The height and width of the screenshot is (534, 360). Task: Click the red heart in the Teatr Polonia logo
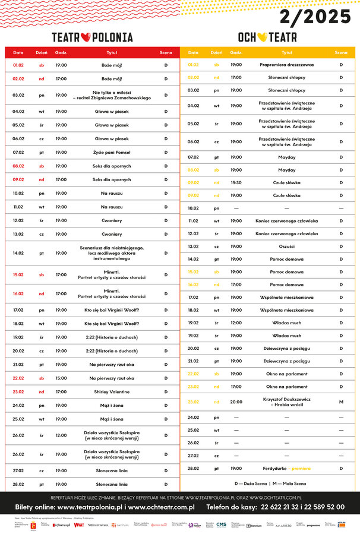(85, 37)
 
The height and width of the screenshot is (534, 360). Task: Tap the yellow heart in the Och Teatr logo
(260, 37)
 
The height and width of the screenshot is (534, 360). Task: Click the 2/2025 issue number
(315, 17)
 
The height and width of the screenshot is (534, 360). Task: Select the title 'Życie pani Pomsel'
(112, 153)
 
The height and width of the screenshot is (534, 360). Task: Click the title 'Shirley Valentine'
(112, 391)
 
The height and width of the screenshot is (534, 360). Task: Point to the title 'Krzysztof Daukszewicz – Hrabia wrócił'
(287, 402)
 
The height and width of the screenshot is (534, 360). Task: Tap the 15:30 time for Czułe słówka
(236, 182)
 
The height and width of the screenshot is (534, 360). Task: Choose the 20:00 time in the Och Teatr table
(236, 402)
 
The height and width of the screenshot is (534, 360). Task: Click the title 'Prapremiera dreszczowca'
(287, 64)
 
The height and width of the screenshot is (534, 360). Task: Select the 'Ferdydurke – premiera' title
(287, 468)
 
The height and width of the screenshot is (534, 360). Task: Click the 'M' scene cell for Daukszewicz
(341, 402)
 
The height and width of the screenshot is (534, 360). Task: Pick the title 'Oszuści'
(287, 246)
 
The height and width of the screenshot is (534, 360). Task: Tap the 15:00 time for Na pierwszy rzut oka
(61, 378)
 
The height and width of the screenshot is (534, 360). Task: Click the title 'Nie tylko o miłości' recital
(112, 95)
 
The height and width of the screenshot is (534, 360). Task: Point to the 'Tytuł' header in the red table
(112, 53)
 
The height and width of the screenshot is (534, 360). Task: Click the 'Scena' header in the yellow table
(341, 53)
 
